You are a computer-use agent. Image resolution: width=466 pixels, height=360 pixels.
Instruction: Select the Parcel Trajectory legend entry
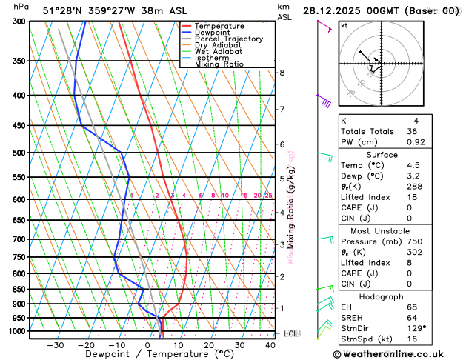pyautogui.click(x=229, y=39)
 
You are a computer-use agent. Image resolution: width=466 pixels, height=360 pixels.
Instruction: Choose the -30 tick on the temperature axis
pyautogui.click(x=56, y=345)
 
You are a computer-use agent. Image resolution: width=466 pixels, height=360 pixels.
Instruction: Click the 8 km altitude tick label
pyautogui.click(x=282, y=73)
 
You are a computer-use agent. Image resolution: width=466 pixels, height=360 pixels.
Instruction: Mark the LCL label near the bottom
pyautogui.click(x=290, y=334)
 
